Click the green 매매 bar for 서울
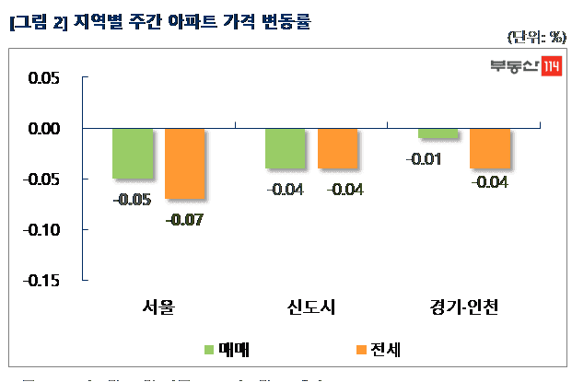(x=133, y=153)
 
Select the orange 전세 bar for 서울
(x=184, y=163)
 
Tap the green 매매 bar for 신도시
(x=285, y=148)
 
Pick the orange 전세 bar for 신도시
(x=337, y=148)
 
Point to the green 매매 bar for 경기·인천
(x=438, y=133)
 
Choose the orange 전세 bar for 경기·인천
(x=489, y=148)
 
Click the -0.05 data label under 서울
(x=133, y=200)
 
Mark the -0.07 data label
(x=184, y=221)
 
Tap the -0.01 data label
(x=423, y=160)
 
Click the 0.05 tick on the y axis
(x=41, y=78)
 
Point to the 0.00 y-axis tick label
(x=41, y=129)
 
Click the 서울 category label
(x=158, y=307)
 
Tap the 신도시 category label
(x=311, y=307)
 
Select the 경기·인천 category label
(x=464, y=307)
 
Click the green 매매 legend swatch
(x=208, y=350)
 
